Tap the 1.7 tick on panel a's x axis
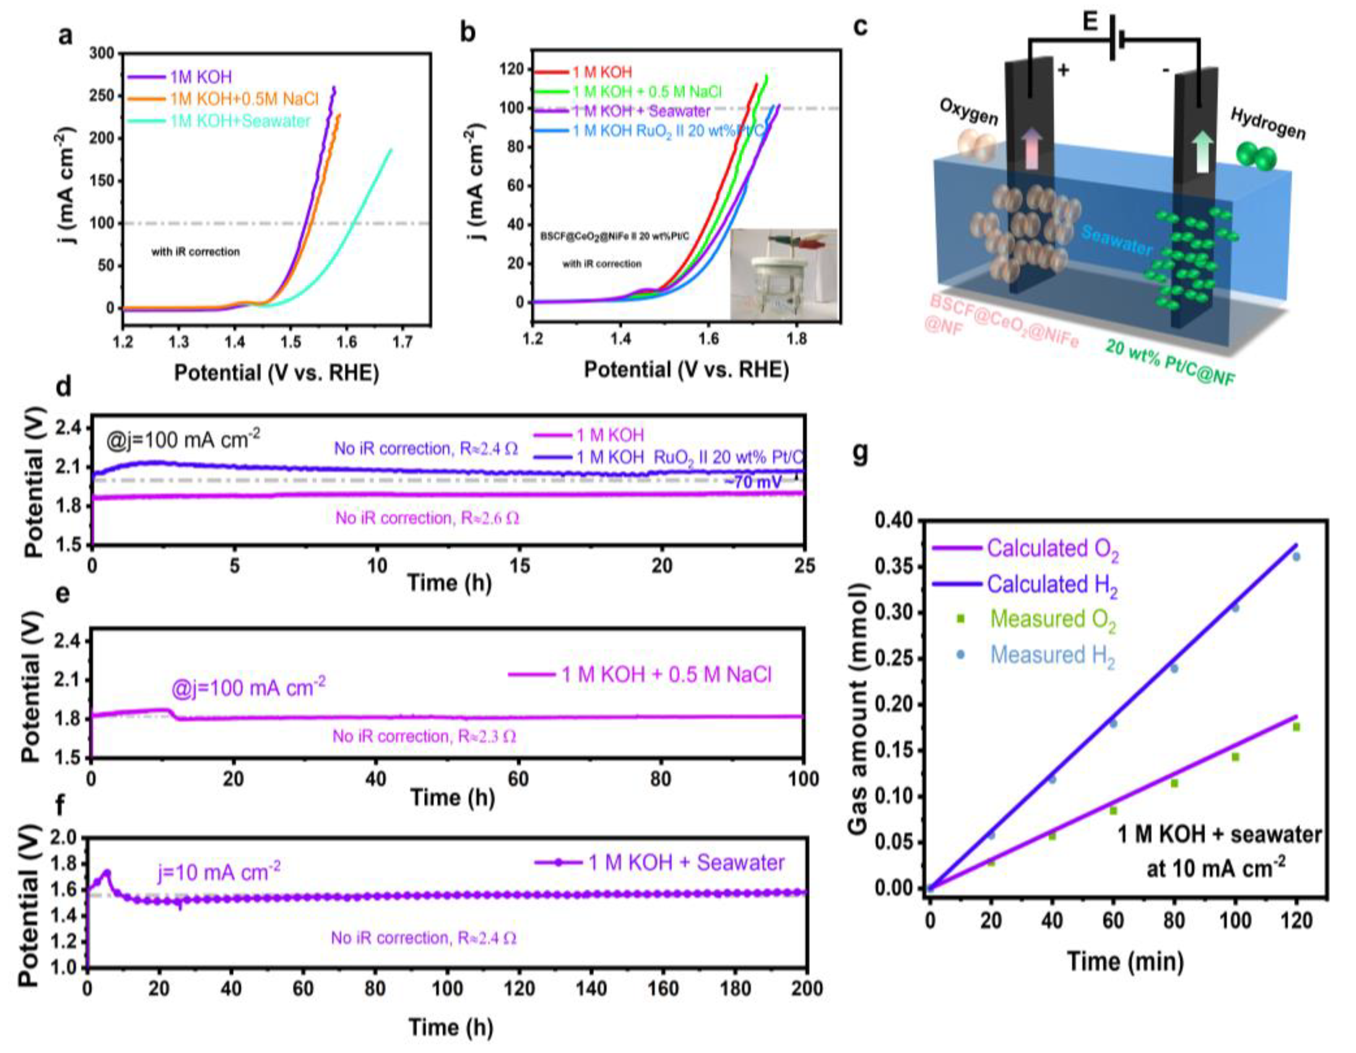coord(402,341)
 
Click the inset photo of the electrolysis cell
coord(783,274)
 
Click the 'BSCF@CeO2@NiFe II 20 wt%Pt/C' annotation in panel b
coord(615,236)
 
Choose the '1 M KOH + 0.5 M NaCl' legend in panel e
coord(666,674)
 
